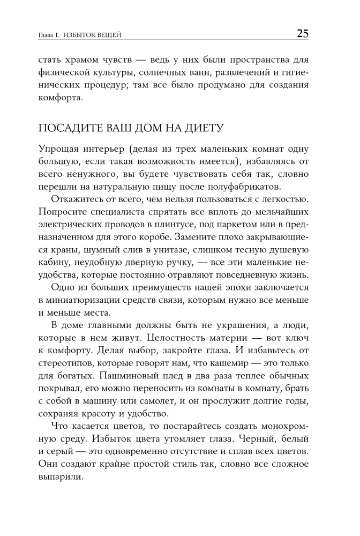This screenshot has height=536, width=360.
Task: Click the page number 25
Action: [x=302, y=34]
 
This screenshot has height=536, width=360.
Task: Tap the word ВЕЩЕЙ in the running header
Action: [x=110, y=35]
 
